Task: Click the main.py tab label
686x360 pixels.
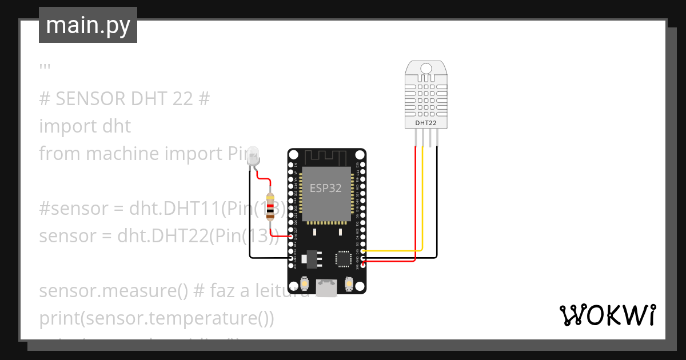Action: pyautogui.click(x=87, y=25)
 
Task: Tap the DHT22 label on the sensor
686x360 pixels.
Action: pyautogui.click(x=426, y=123)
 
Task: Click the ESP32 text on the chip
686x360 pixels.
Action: pyautogui.click(x=326, y=188)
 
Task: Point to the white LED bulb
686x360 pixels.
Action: pyautogui.click(x=253, y=155)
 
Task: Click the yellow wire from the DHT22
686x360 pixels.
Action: pyautogui.click(x=422, y=200)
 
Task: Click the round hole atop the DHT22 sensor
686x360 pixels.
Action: pyautogui.click(x=426, y=69)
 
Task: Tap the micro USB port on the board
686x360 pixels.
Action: pyautogui.click(x=327, y=287)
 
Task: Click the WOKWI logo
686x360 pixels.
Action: pyautogui.click(x=607, y=315)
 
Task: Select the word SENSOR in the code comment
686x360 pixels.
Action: pyautogui.click(x=91, y=99)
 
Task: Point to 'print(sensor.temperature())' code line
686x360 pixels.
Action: pyautogui.click(x=157, y=318)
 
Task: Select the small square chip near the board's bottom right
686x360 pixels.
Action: pyautogui.click(x=344, y=258)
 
